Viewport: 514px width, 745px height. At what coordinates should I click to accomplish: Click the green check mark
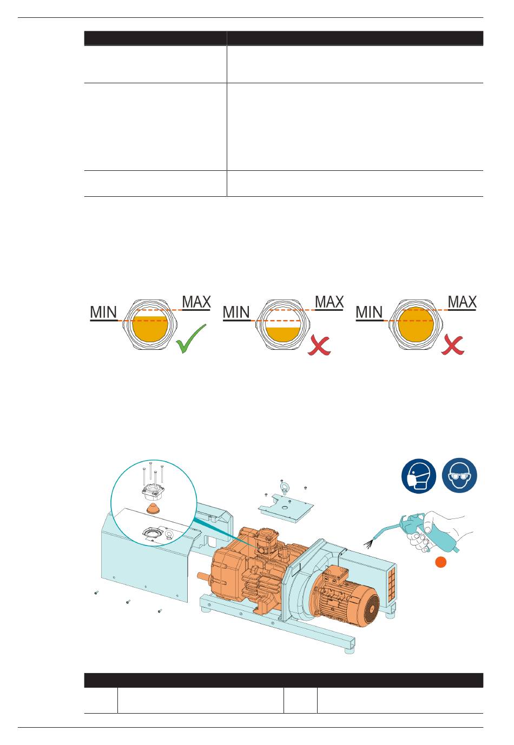(x=190, y=338)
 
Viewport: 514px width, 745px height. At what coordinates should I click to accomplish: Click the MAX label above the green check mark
(x=196, y=302)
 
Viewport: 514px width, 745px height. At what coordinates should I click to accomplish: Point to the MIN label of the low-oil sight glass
(x=236, y=312)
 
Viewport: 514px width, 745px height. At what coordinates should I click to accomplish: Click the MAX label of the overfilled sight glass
(x=462, y=302)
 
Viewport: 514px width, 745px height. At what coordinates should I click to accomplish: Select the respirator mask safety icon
(x=419, y=476)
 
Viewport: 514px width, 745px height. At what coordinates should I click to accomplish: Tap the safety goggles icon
(x=460, y=476)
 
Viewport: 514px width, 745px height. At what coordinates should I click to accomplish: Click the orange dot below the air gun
(x=441, y=563)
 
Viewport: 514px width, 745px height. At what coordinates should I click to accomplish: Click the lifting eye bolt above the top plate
(x=282, y=489)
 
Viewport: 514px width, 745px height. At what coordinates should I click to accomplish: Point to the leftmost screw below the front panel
(x=96, y=593)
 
